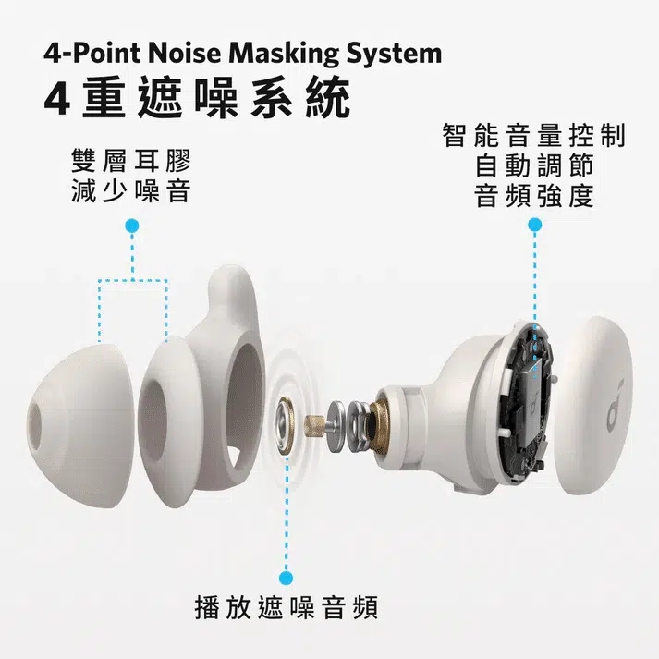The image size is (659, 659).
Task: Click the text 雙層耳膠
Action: (130, 161)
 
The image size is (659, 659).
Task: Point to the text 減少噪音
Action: (130, 191)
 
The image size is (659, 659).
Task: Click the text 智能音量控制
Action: (534, 137)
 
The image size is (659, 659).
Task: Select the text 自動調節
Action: (534, 167)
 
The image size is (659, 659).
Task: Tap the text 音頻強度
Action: (534, 197)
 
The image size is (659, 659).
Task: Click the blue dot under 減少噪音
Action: (132, 225)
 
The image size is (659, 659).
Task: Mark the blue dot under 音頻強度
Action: (535, 225)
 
